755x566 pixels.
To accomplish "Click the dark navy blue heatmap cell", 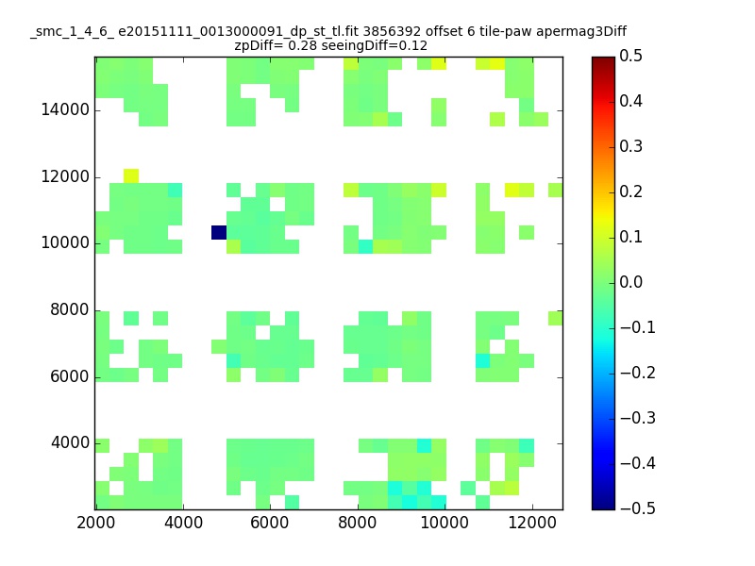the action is (219, 232).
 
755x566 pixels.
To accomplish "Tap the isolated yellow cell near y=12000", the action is (131, 175).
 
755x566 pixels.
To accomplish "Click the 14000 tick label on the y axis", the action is (65, 109).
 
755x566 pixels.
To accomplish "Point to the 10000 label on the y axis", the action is (65, 242).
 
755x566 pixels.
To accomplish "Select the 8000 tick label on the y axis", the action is (69, 309).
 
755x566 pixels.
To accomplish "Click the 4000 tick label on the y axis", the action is (69, 442).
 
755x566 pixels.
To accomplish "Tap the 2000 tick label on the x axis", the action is (96, 523).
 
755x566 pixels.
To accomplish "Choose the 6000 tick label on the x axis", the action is (270, 523).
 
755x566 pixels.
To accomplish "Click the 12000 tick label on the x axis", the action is (532, 523).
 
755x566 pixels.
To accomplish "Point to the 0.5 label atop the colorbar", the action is (630, 56).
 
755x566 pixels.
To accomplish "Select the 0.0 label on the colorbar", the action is (630, 282).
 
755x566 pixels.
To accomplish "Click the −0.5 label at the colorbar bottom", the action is (638, 508).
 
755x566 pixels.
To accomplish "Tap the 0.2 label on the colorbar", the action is (630, 191).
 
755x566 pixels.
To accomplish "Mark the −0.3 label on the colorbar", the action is (638, 418).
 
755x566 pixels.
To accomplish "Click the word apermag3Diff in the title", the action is (581, 32).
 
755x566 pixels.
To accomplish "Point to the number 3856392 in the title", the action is (393, 31).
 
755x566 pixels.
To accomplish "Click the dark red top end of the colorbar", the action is (603, 59).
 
